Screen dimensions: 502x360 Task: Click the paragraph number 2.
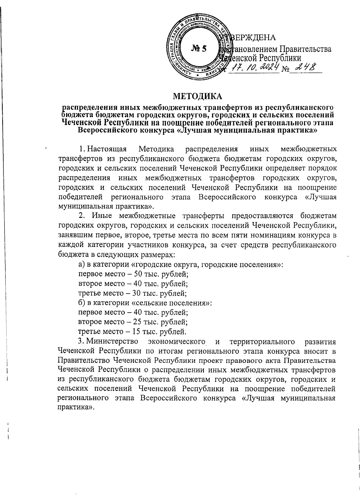pyautogui.click(x=80, y=216)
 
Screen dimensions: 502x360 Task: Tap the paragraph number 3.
pyautogui.click(x=79, y=342)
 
